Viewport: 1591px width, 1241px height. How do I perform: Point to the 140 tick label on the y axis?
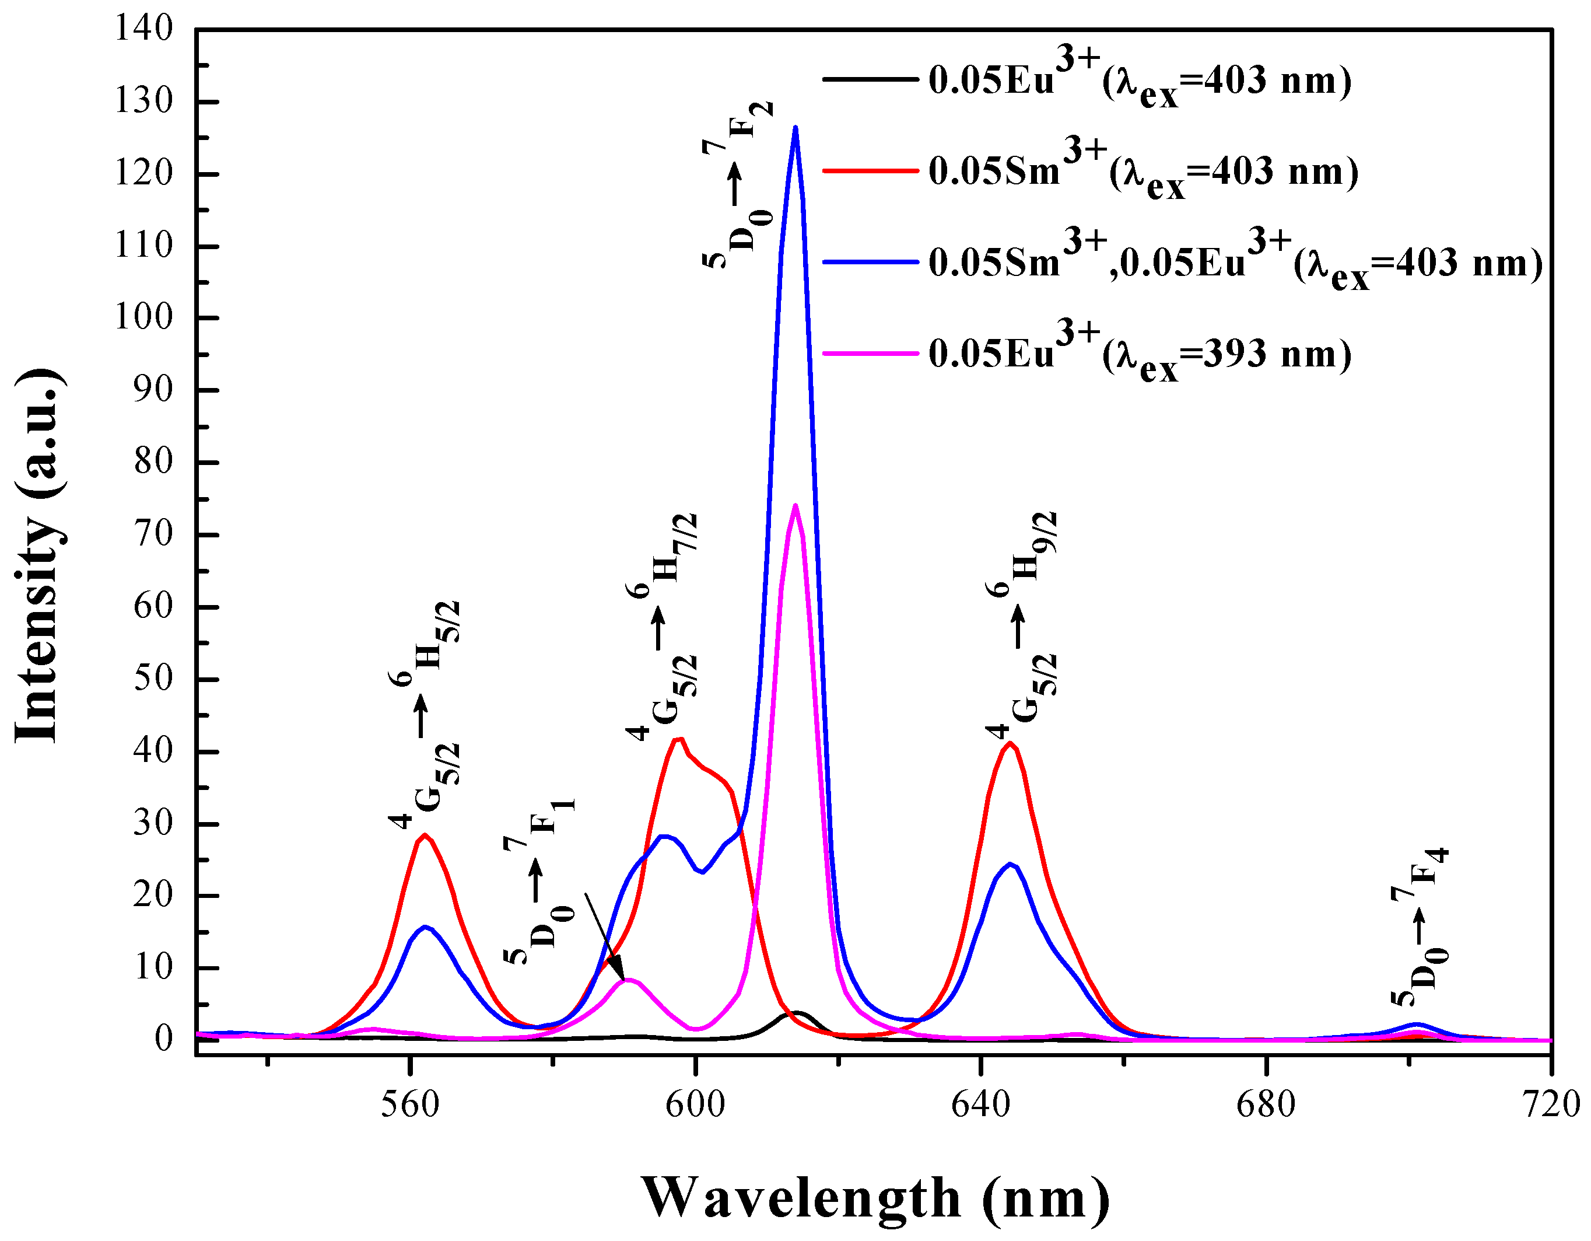click(x=143, y=29)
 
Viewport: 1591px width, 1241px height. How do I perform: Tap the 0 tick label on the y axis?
click(x=164, y=1039)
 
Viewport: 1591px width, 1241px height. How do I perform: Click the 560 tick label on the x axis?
click(x=410, y=1104)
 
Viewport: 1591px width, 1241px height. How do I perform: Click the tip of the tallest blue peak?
click(x=795, y=128)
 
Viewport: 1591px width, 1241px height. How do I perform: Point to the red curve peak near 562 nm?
click(x=425, y=835)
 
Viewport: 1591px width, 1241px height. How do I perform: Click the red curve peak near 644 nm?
click(x=1010, y=743)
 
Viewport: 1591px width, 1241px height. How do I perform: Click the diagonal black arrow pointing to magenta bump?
click(x=605, y=936)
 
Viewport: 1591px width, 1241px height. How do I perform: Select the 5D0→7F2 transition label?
click(x=737, y=186)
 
